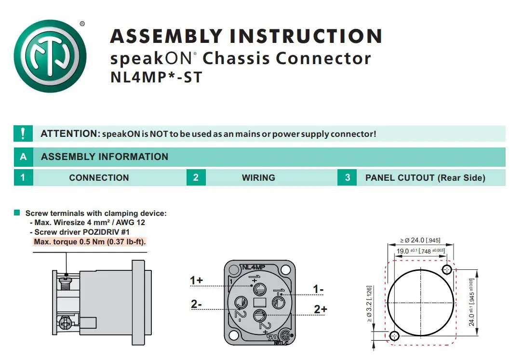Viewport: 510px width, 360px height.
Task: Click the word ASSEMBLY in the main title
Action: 167,37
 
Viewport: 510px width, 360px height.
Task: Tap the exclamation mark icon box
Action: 23,133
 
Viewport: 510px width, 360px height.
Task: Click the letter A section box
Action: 23,157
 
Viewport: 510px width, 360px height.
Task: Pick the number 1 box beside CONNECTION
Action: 23,177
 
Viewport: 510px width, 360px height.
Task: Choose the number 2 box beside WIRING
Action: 196,177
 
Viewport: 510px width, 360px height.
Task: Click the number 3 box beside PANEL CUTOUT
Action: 348,177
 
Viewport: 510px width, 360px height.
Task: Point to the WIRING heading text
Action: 258,178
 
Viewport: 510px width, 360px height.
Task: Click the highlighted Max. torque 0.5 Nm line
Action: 90,241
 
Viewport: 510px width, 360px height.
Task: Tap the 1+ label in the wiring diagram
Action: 196,280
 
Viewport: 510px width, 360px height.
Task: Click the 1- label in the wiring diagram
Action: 319,289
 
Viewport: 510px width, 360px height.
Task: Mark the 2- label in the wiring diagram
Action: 196,304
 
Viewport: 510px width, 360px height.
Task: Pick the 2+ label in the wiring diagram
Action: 321,309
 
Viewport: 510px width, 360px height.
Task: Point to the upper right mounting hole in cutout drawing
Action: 447,269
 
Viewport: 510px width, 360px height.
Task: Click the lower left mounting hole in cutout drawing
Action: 394,335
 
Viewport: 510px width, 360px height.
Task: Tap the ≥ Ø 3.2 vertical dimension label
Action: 369,304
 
